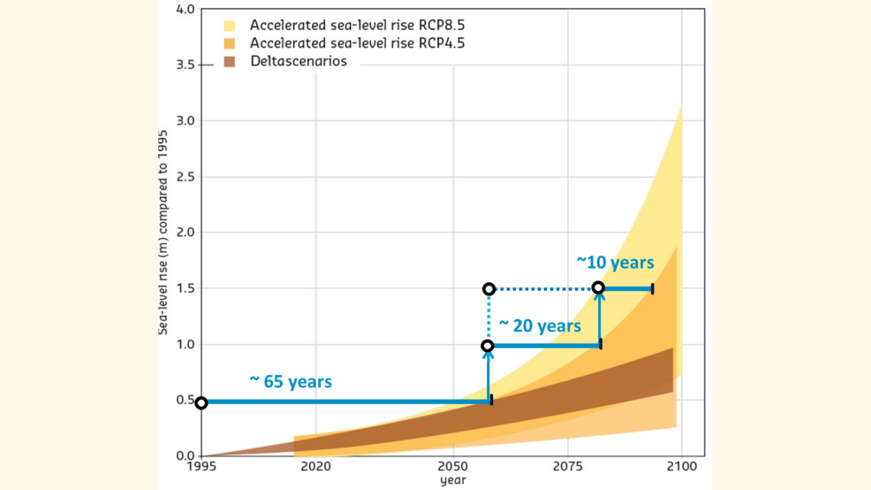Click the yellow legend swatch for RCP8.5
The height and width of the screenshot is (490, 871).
point(230,26)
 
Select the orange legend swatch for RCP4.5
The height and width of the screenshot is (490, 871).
point(230,44)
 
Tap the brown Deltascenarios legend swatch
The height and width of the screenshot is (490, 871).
point(230,62)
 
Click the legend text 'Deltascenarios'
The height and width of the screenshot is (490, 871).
point(298,61)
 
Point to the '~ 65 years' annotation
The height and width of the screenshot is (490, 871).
point(291,382)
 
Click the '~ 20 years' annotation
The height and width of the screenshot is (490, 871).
point(540,326)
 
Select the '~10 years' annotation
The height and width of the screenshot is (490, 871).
point(615,262)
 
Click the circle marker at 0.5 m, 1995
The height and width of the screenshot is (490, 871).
point(201,402)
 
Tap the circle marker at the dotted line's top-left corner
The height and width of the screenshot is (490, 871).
point(489,289)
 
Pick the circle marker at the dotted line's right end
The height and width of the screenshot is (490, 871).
point(598,288)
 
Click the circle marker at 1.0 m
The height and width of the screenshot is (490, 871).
point(487,346)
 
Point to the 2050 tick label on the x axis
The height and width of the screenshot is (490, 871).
point(452,466)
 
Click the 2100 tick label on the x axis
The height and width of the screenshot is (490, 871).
point(681,466)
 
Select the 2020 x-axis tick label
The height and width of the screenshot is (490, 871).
point(316,466)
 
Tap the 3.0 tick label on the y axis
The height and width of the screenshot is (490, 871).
point(185,121)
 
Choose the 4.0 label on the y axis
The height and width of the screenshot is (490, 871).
point(185,10)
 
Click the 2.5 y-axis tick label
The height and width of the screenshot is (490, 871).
point(185,177)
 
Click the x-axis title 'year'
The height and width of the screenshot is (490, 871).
point(453,480)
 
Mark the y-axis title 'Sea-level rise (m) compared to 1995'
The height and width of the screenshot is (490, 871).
point(163,232)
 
